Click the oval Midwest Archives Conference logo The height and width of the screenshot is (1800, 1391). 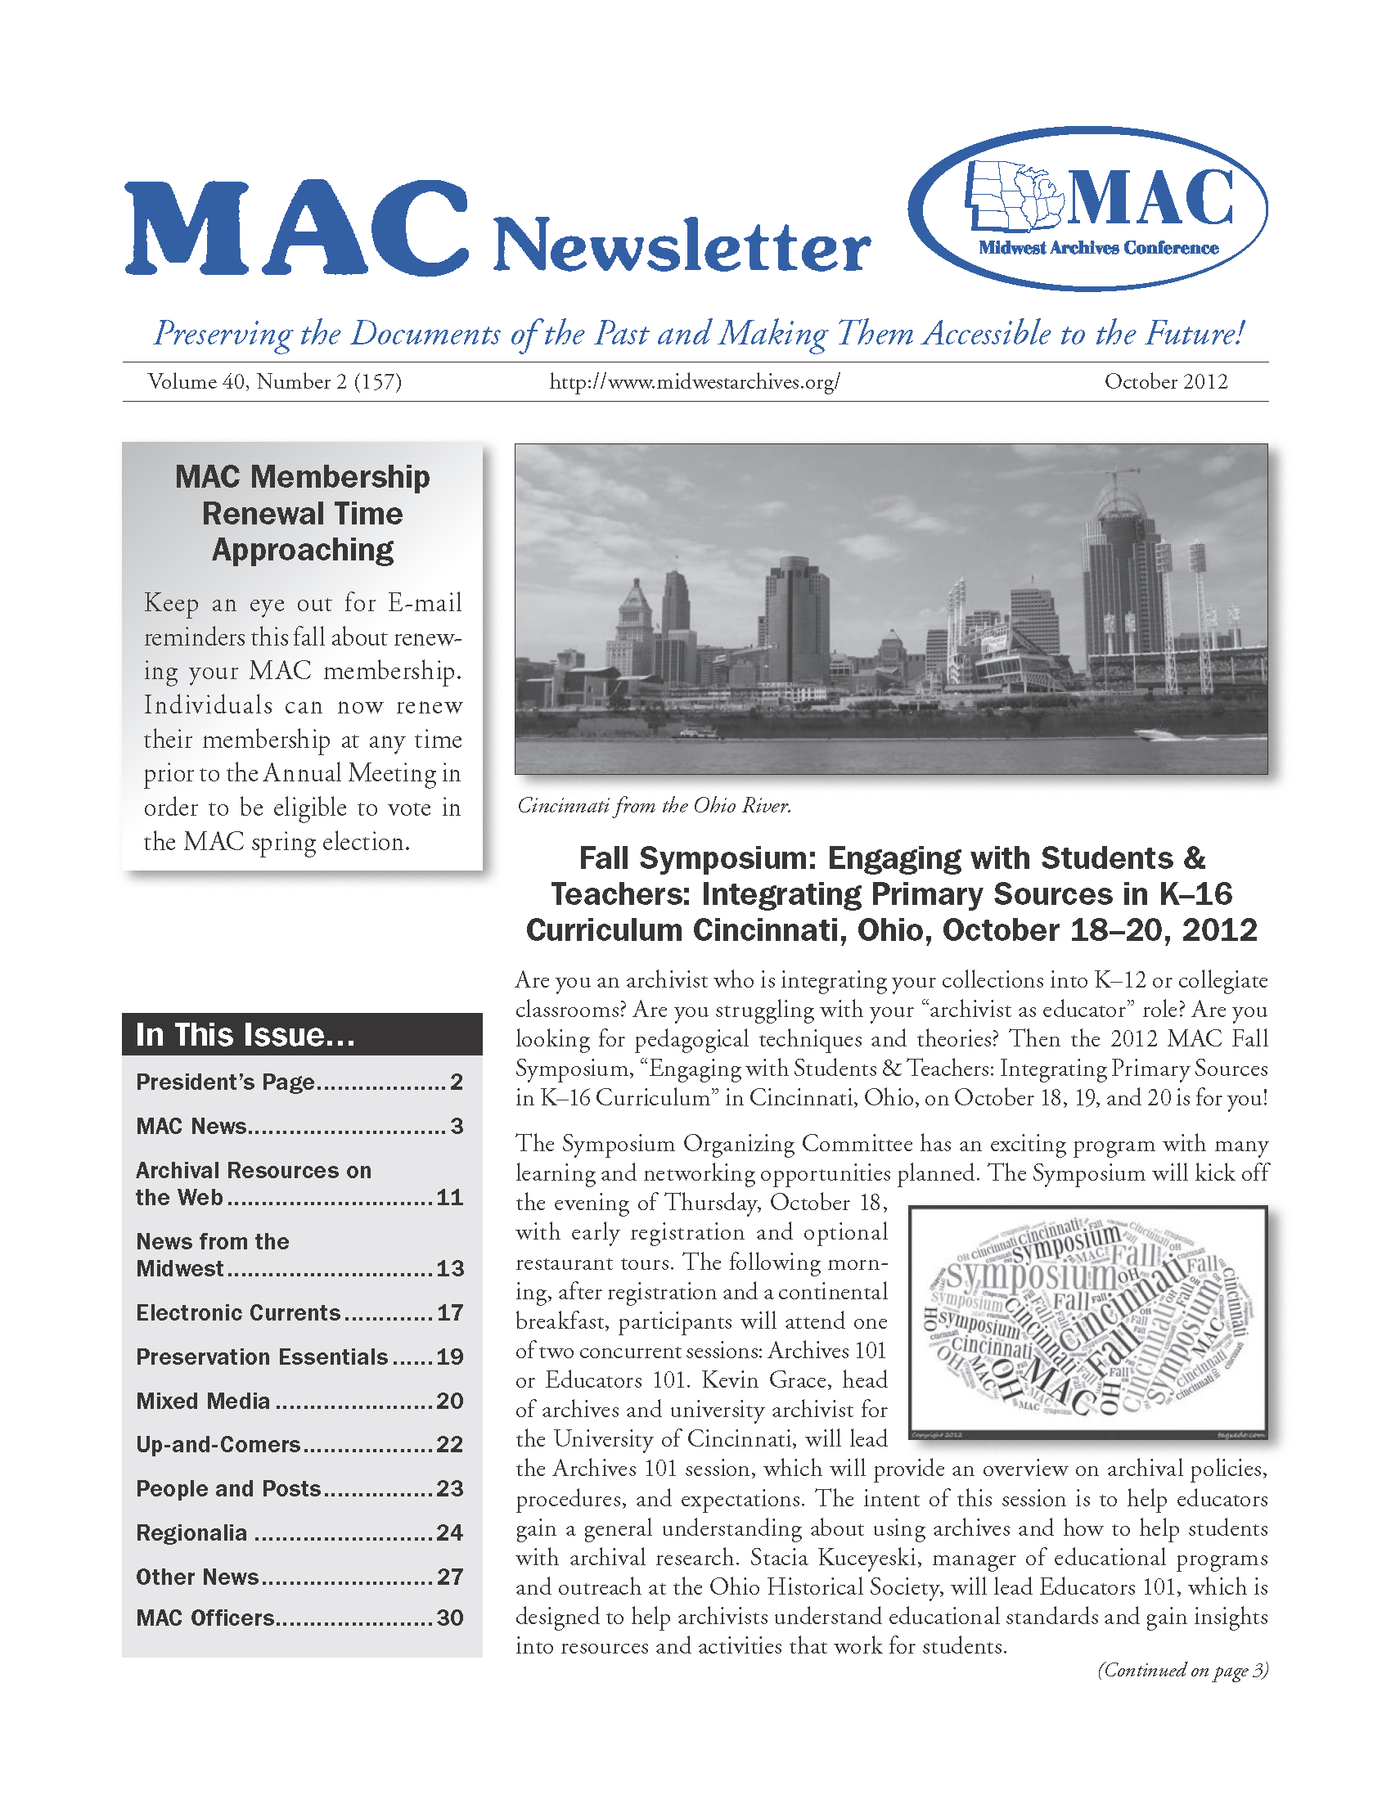pos(1087,209)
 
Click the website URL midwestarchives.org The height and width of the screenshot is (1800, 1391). pos(694,381)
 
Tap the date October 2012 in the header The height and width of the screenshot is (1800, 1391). pos(1165,381)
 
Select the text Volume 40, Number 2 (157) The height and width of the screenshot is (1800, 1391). pos(274,381)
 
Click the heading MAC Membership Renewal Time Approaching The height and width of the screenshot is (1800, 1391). pos(303,513)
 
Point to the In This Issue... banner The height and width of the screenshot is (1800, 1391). pos(302,1034)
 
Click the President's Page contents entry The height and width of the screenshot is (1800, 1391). pos(225,1082)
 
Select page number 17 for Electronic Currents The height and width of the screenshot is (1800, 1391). pos(450,1312)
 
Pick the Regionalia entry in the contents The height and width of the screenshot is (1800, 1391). pos(191,1532)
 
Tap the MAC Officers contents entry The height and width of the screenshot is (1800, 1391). pos(205,1618)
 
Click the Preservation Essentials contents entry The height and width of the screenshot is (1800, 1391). pos(261,1357)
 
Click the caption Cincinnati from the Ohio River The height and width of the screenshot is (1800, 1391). pos(655,805)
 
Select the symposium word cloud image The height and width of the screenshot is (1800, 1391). pos(1087,1324)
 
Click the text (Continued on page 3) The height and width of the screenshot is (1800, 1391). pos(1182,1670)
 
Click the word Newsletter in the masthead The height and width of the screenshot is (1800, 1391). pos(682,245)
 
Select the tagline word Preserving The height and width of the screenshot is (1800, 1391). pos(223,333)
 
